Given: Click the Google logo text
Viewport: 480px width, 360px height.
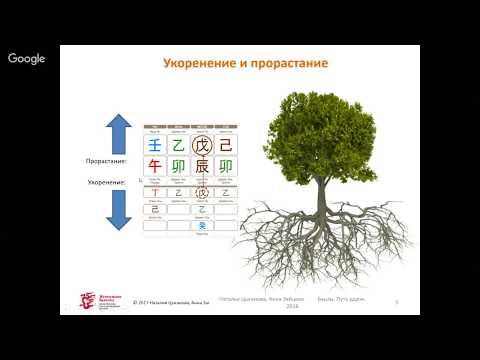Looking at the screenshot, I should (27, 59).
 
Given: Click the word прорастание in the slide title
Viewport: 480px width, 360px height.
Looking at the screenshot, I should (290, 64).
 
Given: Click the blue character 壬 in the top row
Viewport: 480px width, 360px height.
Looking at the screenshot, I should (154, 146).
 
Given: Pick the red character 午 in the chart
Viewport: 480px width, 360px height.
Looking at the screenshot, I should (154, 166).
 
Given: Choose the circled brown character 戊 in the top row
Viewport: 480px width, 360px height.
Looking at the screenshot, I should (203, 146).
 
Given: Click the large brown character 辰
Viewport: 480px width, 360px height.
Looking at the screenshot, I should (203, 166).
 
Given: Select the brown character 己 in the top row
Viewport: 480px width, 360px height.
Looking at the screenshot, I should (226, 146).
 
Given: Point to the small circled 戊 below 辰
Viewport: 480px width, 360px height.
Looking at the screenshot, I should (203, 193).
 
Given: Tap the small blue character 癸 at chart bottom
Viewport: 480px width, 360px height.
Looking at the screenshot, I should (203, 226).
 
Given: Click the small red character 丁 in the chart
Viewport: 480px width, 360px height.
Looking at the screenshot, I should (154, 193).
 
